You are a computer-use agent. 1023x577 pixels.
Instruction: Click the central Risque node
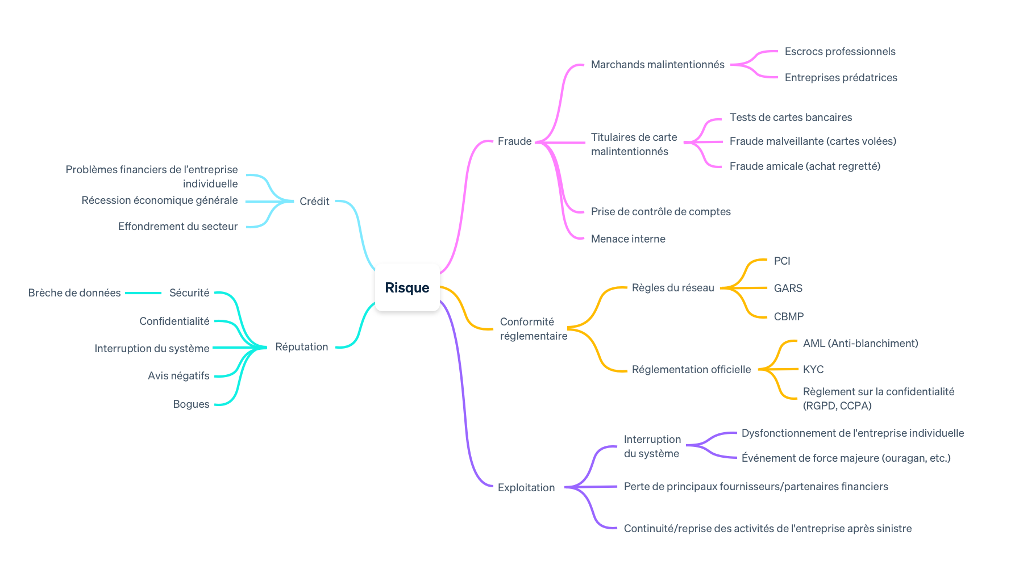coord(407,287)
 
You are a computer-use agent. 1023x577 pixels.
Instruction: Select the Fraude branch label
coord(514,141)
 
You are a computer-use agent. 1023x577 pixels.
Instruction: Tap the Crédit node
coord(314,201)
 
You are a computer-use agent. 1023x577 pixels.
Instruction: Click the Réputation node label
coord(301,346)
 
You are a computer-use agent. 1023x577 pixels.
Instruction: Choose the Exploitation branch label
coord(526,487)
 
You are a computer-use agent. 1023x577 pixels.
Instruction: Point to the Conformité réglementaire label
coord(533,329)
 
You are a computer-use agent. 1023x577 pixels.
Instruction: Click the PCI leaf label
coord(781,261)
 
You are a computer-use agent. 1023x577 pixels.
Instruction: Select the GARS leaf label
coord(788,288)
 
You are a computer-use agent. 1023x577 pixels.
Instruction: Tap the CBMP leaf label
coord(788,316)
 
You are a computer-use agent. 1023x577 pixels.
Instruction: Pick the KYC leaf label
coord(813,369)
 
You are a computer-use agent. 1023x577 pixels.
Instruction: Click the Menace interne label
coord(627,239)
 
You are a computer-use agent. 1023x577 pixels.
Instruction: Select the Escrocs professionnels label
coord(839,51)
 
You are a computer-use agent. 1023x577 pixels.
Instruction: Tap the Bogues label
coord(191,404)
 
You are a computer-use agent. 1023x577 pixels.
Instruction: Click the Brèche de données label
coord(74,292)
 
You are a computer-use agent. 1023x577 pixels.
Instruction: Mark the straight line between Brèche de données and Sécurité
coord(143,293)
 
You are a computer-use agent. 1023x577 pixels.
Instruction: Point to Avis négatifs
coord(178,375)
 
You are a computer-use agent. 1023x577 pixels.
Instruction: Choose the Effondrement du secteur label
coord(177,226)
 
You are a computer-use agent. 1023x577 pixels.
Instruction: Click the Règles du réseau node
coord(672,287)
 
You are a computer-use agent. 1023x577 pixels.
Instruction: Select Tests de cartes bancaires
coord(791,117)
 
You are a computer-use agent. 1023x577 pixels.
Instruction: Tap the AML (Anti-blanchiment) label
coord(860,343)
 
